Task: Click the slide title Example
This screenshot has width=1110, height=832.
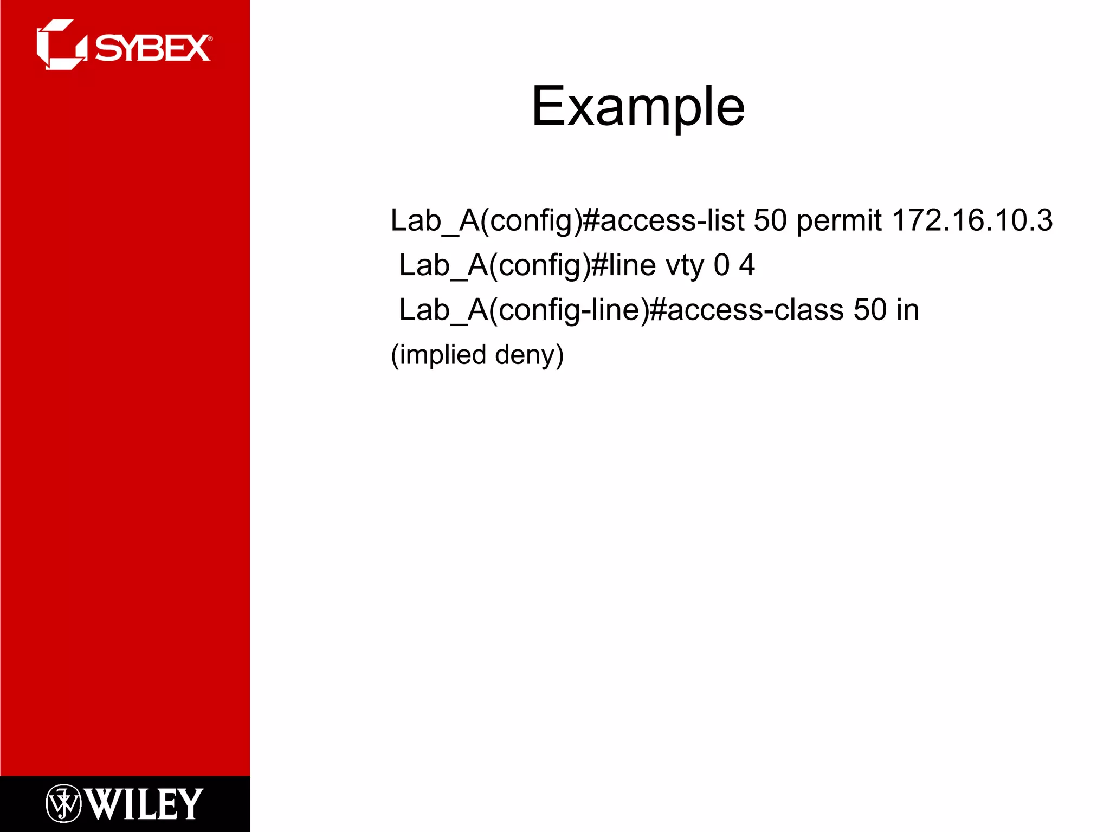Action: coord(638,107)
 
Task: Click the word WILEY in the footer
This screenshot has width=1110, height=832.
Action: coord(144,804)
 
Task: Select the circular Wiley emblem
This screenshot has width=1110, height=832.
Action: coord(63,803)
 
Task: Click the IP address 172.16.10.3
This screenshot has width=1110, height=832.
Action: coord(971,220)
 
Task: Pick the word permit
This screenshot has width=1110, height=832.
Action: coord(838,221)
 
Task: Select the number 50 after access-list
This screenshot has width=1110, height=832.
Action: coord(770,220)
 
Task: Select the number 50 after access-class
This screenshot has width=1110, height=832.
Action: coord(870,310)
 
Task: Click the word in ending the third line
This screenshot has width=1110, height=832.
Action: coord(907,310)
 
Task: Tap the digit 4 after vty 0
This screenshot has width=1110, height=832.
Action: coord(746,265)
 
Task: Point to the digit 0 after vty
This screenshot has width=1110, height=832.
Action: coord(721,265)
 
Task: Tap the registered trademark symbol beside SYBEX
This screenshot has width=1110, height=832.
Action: coord(210,39)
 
